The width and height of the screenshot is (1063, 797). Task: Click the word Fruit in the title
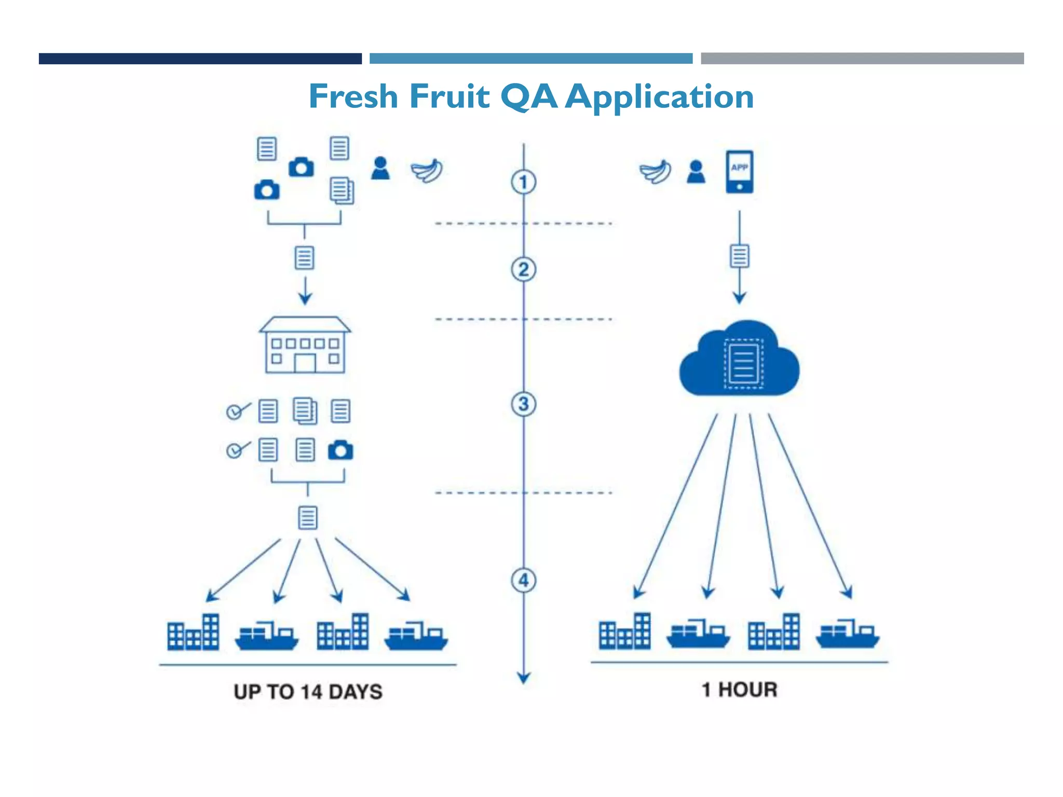click(x=449, y=97)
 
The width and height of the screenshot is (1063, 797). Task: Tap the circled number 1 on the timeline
click(x=523, y=182)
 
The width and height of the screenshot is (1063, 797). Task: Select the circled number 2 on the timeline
click(x=523, y=270)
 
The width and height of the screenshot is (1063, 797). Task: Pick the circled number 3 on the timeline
click(x=523, y=404)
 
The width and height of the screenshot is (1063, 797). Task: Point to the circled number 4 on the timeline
click(x=523, y=580)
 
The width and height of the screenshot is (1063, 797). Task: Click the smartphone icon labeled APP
click(x=739, y=172)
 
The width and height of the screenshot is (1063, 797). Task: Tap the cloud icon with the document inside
click(x=739, y=360)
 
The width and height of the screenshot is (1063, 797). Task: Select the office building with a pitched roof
click(x=305, y=345)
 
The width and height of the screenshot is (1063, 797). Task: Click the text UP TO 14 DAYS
click(x=308, y=692)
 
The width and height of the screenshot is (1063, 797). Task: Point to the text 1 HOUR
click(x=739, y=690)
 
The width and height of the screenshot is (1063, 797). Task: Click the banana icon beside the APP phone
click(x=656, y=172)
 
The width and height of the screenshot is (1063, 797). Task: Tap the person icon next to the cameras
click(x=380, y=169)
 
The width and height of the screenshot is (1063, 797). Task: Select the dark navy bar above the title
click(x=200, y=59)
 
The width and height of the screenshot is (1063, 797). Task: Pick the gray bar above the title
click(x=862, y=59)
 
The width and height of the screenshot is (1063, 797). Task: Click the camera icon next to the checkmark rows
click(x=340, y=450)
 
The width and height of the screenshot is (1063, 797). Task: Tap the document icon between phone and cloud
click(x=739, y=256)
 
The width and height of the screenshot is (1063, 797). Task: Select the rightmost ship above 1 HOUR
click(x=847, y=634)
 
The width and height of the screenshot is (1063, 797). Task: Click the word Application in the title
click(x=659, y=97)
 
